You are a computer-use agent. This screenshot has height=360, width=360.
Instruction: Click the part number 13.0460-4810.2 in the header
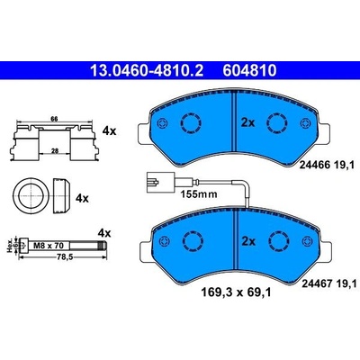point(147,71)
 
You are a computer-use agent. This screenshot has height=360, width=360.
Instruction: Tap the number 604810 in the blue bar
point(249,71)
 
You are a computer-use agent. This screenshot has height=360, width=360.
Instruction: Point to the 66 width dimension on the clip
point(54,119)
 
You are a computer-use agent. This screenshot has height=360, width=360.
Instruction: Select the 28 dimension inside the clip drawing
point(55,151)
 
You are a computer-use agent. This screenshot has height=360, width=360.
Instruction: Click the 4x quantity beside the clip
point(109,130)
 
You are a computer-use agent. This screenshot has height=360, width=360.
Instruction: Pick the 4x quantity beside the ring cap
point(82,198)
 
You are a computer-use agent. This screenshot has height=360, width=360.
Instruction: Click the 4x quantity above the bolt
point(104,233)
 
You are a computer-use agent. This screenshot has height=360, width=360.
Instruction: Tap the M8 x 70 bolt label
point(49,246)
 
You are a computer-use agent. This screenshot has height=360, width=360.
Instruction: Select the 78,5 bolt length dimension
point(64,257)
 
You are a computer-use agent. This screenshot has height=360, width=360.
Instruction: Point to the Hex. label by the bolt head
point(10,246)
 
